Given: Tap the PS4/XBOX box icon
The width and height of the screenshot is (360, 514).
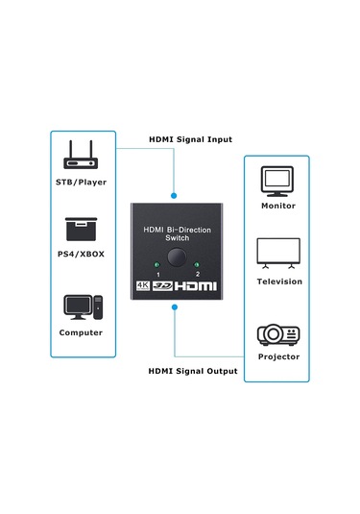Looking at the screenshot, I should pyautogui.click(x=81, y=231).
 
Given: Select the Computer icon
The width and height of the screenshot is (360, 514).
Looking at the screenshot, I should pyautogui.click(x=81, y=308).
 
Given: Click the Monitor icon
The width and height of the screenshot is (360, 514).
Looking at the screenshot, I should pyautogui.click(x=278, y=180).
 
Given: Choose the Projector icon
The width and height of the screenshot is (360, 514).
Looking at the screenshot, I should pyautogui.click(x=278, y=334).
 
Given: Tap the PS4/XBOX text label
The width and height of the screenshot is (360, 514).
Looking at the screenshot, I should pyautogui.click(x=81, y=255).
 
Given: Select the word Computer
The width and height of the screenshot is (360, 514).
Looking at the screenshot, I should pyautogui.click(x=81, y=332).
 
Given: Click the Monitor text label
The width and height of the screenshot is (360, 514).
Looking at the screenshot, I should pyautogui.click(x=278, y=206).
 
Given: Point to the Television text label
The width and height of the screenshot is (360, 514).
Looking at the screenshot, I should pyautogui.click(x=278, y=281).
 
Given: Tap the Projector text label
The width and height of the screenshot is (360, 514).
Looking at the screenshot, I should pyautogui.click(x=278, y=357).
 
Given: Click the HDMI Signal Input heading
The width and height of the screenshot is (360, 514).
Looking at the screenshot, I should pyautogui.click(x=190, y=139).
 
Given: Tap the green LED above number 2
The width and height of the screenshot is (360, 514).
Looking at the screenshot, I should pyautogui.click(x=197, y=265).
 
